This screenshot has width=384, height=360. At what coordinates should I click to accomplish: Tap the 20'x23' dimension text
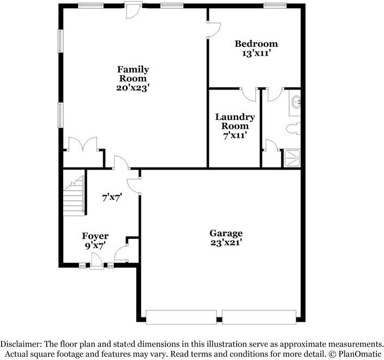tap(133, 87)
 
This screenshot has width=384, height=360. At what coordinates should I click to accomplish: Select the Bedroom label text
tap(256, 44)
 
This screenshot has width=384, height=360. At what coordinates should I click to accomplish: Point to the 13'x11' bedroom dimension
tap(256, 53)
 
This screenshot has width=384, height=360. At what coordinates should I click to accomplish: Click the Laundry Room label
tap(235, 122)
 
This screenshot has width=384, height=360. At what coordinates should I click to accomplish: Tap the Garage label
tap(226, 233)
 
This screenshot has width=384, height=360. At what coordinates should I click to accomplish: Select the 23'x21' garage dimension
tap(226, 243)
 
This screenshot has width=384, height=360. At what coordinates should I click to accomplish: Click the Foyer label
tap(95, 236)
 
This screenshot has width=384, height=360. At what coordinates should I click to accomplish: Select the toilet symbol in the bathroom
tap(294, 129)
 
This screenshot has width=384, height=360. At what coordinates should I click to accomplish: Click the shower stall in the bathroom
tap(292, 158)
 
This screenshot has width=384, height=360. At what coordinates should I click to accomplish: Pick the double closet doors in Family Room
tap(84, 145)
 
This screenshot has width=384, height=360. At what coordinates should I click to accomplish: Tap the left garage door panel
tap(181, 317)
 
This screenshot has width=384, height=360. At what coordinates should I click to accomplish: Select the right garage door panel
tap(259, 317)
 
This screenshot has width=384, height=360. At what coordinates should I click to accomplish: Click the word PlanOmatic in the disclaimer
tap(356, 353)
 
